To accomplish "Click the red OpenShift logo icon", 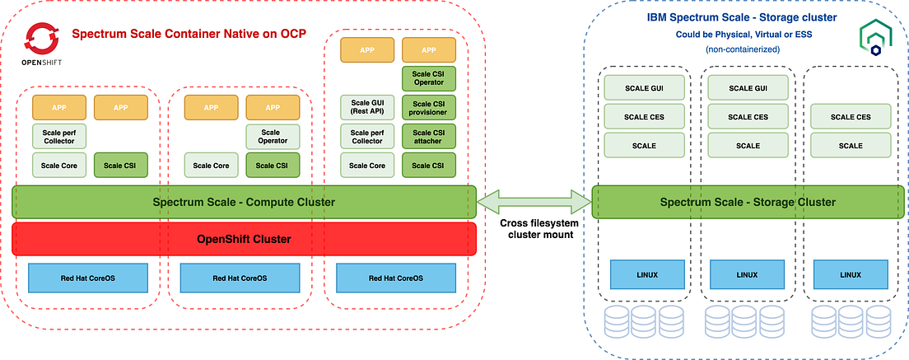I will (x=40, y=38).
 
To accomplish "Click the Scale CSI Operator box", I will (x=428, y=78).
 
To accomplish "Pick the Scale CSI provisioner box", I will (x=428, y=107).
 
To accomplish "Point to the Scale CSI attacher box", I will (x=428, y=136).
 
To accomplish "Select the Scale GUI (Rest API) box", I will (x=367, y=107).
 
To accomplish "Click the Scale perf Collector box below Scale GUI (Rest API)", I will (x=367, y=136).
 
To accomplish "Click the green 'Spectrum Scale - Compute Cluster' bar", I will (x=245, y=202).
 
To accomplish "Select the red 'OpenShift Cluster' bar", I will (x=245, y=239).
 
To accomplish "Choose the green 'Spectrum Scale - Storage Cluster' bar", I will (x=748, y=202).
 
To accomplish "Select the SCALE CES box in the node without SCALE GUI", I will (x=850, y=117).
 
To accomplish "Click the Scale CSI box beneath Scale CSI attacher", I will (x=428, y=165).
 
